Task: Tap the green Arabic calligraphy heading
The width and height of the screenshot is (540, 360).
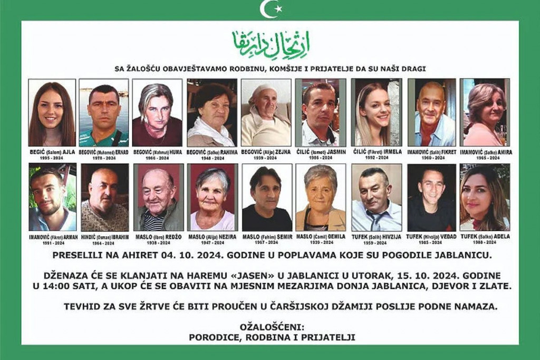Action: [x=270, y=45]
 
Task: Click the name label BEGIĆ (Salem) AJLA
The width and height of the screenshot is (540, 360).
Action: [x=52, y=152]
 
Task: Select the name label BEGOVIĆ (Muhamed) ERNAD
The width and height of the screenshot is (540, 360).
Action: [x=104, y=152]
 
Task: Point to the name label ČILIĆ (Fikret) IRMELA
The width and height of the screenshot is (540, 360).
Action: [x=377, y=152]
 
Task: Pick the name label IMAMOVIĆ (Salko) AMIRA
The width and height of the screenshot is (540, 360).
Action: [x=486, y=152]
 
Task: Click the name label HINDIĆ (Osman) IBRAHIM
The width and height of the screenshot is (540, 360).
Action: [x=105, y=237]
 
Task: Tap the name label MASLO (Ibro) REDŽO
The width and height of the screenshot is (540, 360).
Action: [x=158, y=237]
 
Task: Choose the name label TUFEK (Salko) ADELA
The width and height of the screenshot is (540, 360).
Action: [x=485, y=237]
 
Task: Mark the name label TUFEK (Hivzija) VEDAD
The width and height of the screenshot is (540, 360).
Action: [x=431, y=237]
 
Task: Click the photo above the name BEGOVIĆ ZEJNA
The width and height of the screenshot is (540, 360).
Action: [x=266, y=112]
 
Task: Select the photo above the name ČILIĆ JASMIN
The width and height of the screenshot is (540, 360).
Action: [x=320, y=112]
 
